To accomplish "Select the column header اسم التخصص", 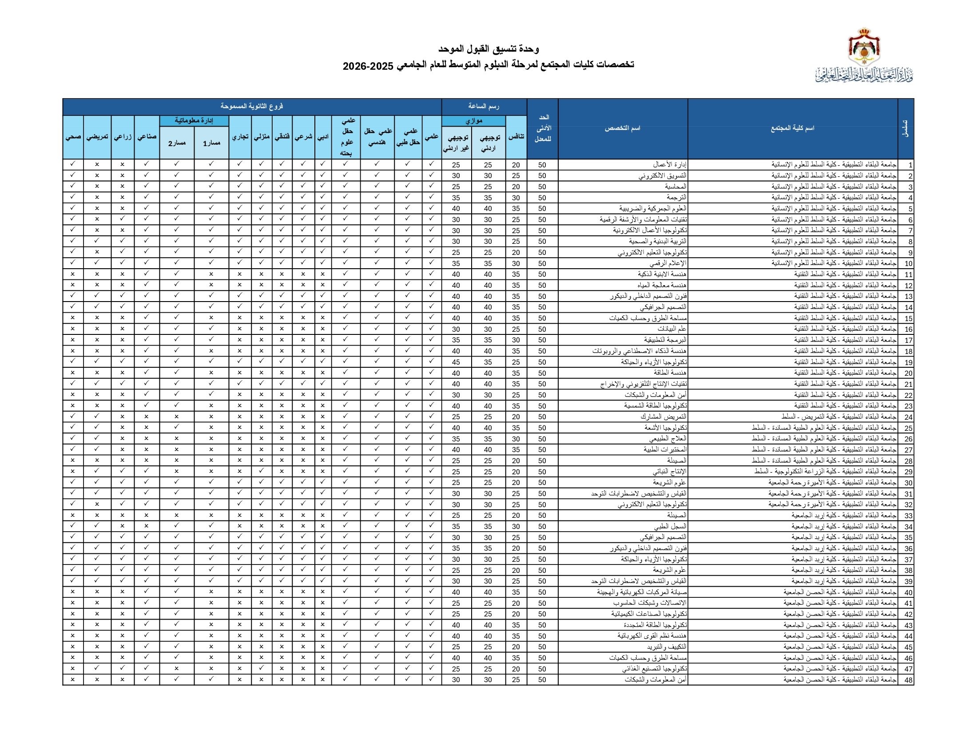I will [x=622, y=128].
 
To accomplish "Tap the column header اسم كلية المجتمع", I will [x=792, y=128].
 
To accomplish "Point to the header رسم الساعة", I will [x=484, y=107].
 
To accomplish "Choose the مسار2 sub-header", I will [x=177, y=143].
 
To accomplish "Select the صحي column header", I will [x=73, y=137].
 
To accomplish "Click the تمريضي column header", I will [x=97, y=137].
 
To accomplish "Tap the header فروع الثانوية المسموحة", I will [x=252, y=107].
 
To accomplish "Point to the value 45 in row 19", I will [x=456, y=362].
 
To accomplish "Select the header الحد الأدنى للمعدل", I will [x=542, y=128].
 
